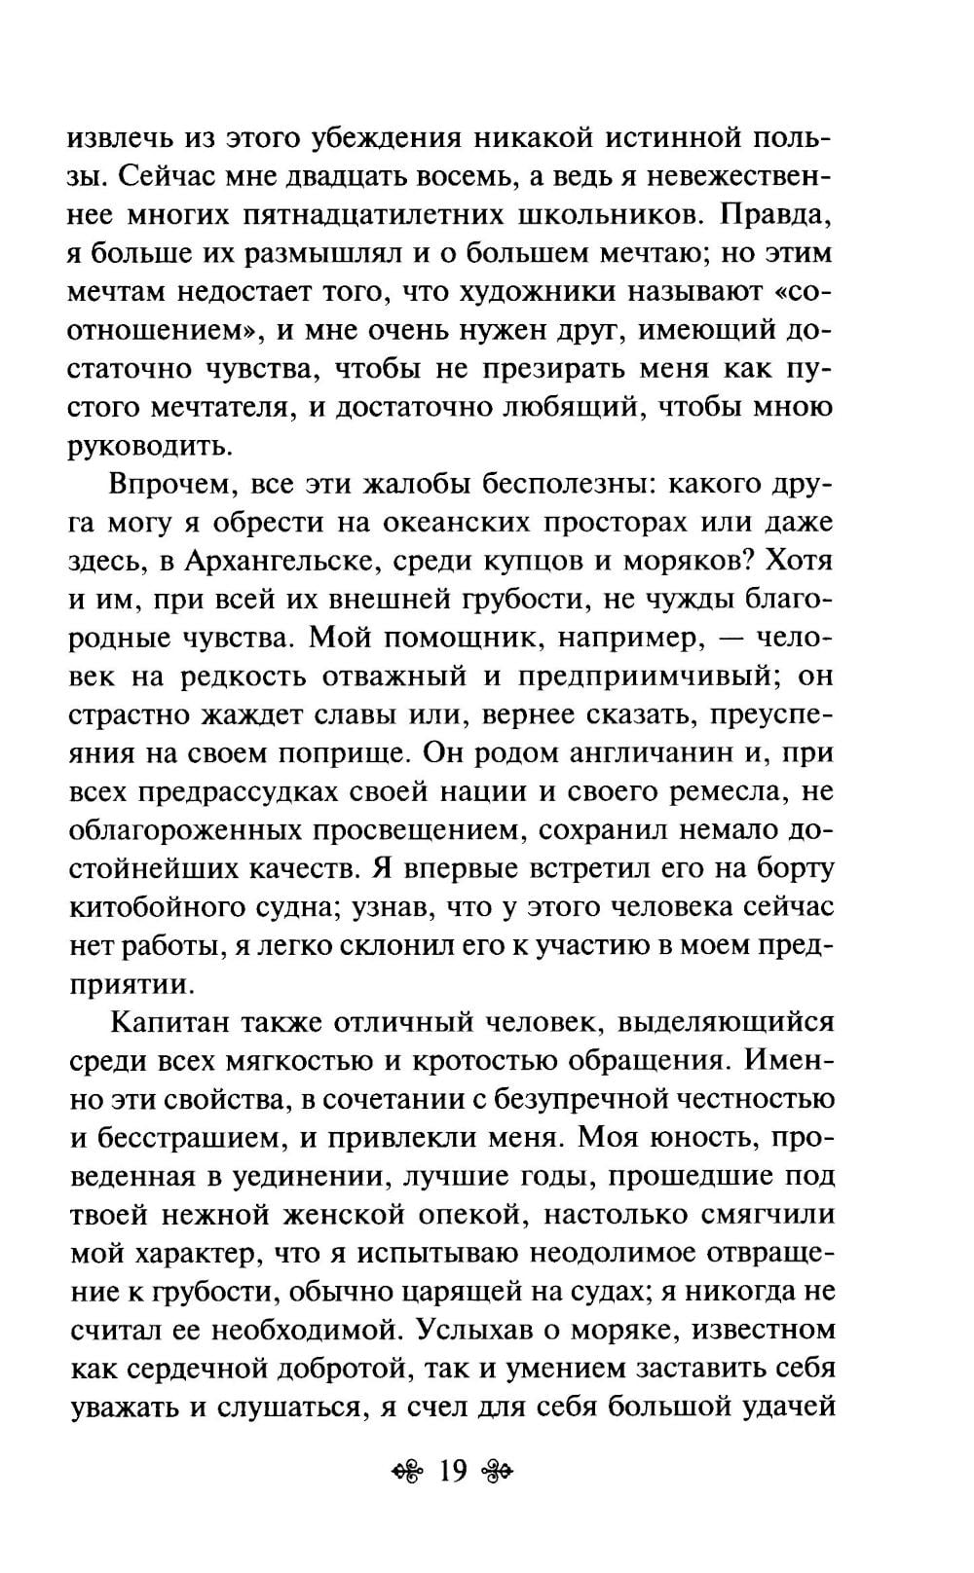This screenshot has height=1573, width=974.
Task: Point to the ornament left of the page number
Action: coord(410,1471)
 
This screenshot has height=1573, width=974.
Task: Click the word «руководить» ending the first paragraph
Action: coord(152,447)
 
